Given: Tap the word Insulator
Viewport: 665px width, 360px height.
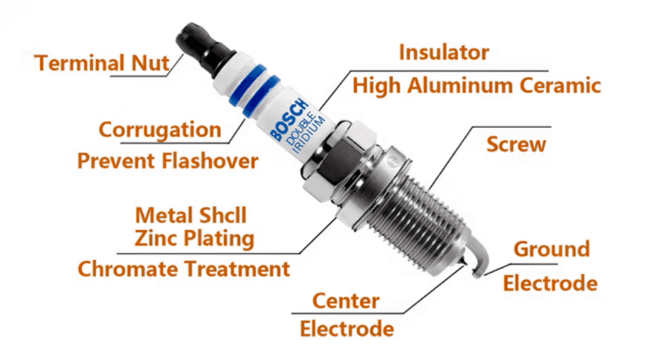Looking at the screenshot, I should (x=443, y=52).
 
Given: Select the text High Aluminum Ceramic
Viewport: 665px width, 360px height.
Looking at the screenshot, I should (x=476, y=85).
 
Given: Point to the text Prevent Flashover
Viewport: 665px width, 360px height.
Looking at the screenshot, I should (x=168, y=160).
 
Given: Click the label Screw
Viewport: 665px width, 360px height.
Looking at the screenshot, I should (x=516, y=143).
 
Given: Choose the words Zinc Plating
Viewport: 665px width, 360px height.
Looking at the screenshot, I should (x=194, y=239).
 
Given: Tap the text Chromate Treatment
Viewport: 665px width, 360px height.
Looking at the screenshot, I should (x=184, y=269).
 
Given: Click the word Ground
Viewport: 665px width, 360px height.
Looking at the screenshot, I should (x=551, y=249).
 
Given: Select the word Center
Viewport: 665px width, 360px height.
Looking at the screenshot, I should (x=346, y=301).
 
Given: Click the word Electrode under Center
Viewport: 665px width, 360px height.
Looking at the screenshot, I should (x=347, y=327).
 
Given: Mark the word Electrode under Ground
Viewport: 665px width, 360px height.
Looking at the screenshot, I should (x=550, y=282).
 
